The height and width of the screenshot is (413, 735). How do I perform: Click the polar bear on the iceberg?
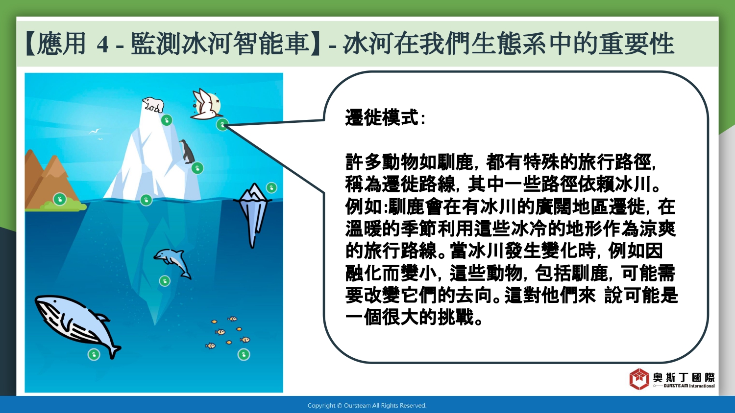tap(153, 104)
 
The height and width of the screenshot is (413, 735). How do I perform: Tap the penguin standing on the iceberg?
tap(187, 151)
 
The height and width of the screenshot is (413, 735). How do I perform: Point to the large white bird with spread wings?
tap(206, 104)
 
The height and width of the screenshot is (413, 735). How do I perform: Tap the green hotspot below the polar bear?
tap(167, 120)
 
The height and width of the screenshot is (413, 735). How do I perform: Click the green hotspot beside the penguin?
tap(197, 168)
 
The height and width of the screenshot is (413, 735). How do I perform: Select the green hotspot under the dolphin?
tap(165, 281)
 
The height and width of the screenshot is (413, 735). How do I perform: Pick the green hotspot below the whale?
tap(94, 354)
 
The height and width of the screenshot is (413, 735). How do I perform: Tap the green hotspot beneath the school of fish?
tap(244, 354)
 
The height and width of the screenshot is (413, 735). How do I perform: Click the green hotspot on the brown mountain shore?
tap(60, 199)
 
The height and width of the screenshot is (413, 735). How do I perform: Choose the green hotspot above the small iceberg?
tap(271, 188)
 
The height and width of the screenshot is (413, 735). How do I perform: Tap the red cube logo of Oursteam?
tap(639, 379)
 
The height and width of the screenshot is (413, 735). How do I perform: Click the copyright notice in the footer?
tap(367, 406)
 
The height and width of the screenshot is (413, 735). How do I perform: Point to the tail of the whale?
tap(113, 351)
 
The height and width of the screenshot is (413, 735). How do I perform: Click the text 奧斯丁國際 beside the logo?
tap(684, 377)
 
